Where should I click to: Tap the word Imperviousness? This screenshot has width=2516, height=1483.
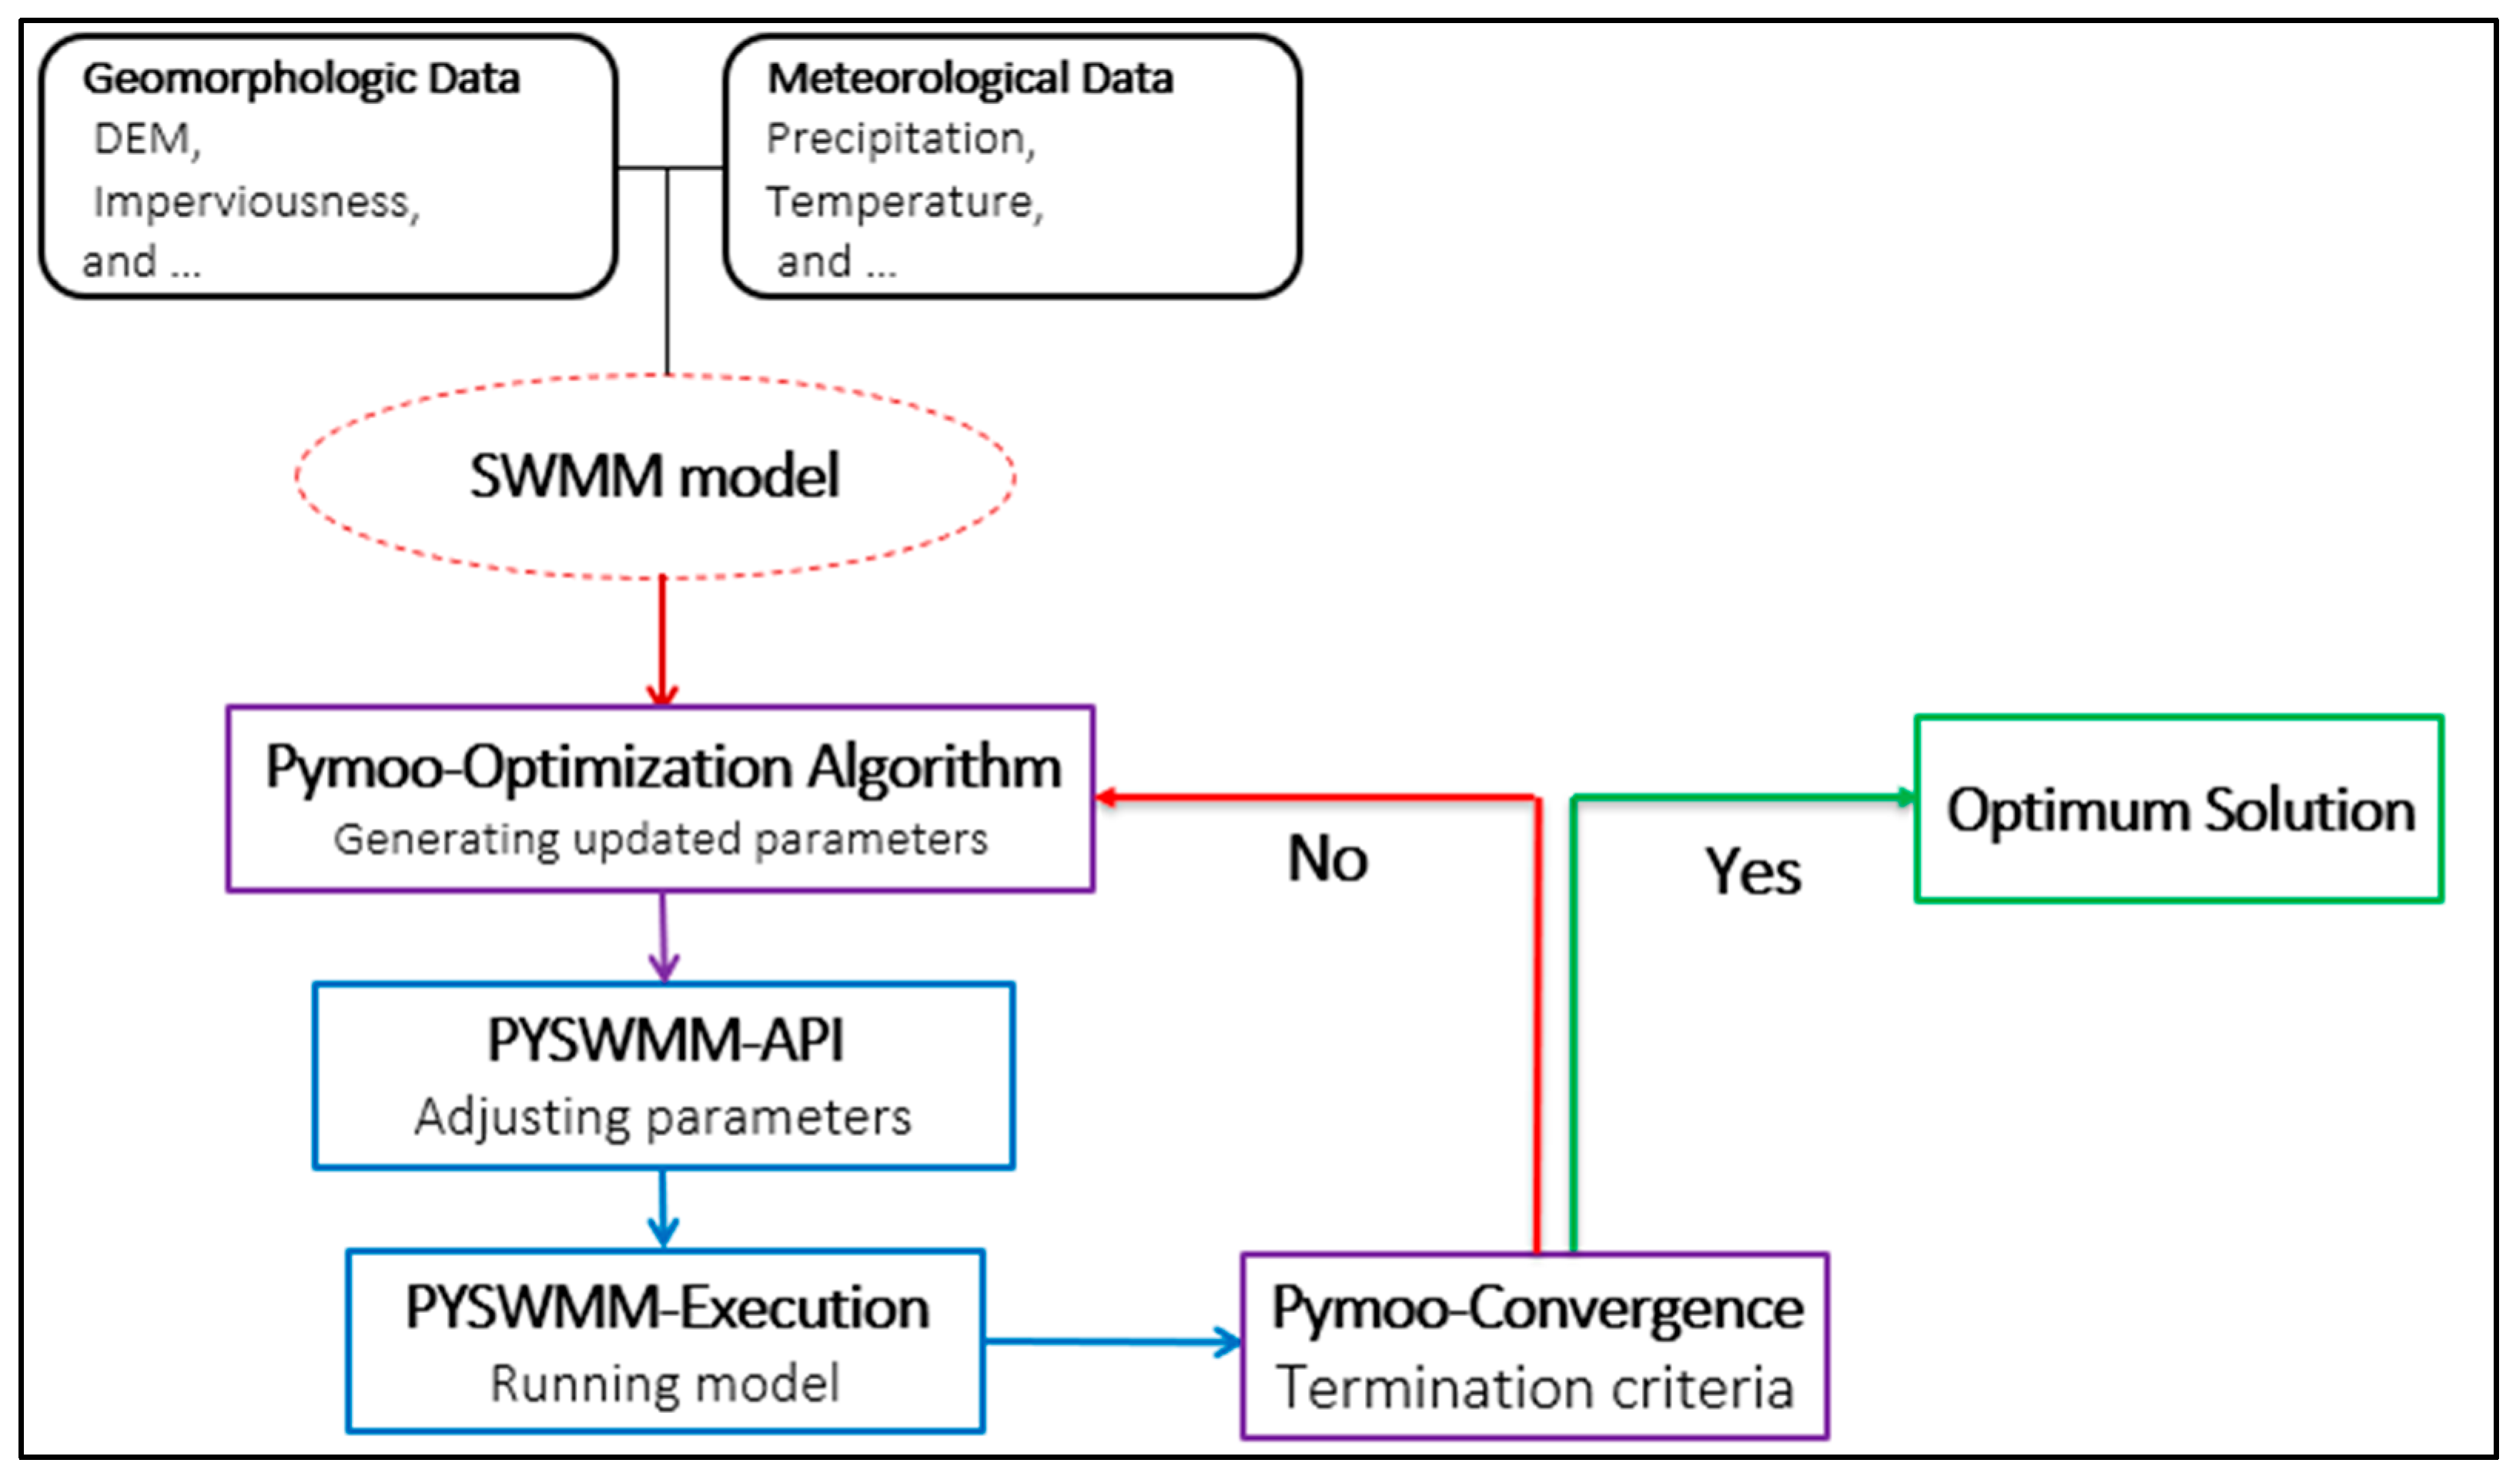(256, 202)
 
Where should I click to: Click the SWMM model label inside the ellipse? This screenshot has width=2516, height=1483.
(654, 476)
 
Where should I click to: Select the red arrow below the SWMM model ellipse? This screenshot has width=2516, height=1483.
(662, 640)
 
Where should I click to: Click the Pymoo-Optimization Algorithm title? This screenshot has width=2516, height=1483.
(662, 767)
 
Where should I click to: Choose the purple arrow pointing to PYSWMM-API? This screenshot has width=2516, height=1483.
(663, 935)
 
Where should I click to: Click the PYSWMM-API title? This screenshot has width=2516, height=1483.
(664, 1040)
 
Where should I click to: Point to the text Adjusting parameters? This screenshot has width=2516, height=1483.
(663, 1116)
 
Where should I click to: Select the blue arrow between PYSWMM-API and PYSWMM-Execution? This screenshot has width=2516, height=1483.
(663, 1207)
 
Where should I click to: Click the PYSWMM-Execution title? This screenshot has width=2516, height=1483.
(666, 1307)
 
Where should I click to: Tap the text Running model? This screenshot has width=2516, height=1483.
(664, 1384)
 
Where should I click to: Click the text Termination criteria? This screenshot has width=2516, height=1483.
(1534, 1389)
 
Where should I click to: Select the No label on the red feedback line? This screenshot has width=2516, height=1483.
(1327, 858)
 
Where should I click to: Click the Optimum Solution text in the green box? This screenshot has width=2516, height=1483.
(2179, 810)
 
